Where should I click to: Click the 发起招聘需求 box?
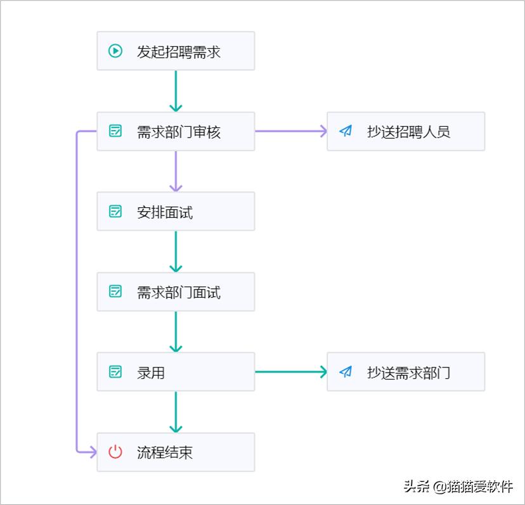(176, 51)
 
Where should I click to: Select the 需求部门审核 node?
(176, 132)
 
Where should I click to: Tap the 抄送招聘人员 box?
(406, 132)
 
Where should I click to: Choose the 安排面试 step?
(176, 212)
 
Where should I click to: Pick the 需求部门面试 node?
(176, 292)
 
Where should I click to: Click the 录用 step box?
(176, 372)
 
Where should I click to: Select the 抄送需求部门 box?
(406, 372)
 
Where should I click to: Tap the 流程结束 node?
(176, 452)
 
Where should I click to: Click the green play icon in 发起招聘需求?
(115, 51)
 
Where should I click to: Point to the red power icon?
(115, 452)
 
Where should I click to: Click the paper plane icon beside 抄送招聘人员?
(346, 131)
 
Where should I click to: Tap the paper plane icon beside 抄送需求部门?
(346, 372)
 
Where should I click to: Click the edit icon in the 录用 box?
(115, 372)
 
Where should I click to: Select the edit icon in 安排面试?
(115, 212)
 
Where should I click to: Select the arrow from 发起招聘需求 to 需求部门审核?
(176, 91)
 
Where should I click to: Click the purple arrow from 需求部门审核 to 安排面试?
(176, 171)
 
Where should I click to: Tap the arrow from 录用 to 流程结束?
(176, 412)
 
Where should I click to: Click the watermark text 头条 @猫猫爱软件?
(458, 487)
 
